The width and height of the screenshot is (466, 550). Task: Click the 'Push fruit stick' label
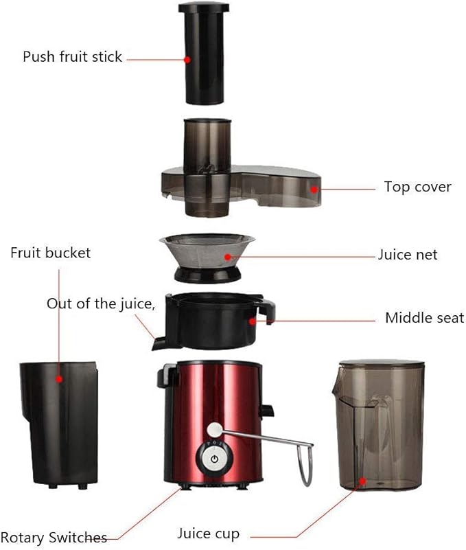72,56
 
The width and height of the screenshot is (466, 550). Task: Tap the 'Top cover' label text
417,187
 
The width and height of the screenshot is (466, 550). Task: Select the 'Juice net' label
408,255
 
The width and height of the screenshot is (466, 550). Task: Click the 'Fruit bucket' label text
50,253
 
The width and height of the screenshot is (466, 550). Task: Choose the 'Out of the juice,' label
101,303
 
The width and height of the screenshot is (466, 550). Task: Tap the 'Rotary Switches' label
54,537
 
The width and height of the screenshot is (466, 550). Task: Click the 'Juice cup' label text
209,534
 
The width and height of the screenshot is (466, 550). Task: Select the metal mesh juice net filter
207,251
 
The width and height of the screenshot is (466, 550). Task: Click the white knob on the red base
214,430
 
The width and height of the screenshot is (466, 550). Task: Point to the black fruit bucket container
58,422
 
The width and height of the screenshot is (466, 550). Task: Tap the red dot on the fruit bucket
60,378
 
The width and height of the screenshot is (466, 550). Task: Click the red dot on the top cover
314,187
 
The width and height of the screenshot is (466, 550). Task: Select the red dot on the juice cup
362,484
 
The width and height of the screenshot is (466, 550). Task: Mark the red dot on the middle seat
253,319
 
